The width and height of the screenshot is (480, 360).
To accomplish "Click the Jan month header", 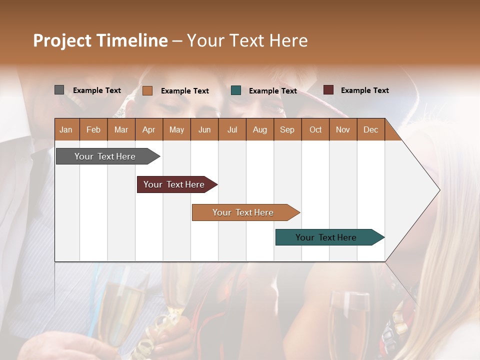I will [66, 129].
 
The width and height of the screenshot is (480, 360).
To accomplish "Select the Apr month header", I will [148, 129].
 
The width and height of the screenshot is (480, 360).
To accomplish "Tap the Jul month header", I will [232, 129].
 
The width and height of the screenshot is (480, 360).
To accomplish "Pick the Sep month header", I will [287, 129].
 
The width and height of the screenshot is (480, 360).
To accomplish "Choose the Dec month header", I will [370, 129].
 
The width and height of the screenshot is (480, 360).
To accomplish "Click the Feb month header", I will [93, 129].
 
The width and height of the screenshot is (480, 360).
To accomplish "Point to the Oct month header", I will [315, 129].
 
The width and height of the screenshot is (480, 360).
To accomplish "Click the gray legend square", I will [59, 90].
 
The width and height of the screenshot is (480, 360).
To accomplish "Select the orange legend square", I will [147, 90].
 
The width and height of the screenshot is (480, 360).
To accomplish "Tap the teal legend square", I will [236, 90].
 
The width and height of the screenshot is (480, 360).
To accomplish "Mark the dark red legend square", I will [328, 90].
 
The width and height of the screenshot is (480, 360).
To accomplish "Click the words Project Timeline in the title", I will [100, 40].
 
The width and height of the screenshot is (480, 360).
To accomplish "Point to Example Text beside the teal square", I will [272, 91].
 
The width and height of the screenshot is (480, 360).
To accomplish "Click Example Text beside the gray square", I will [97, 90].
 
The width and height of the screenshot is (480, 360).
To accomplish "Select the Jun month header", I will [204, 129].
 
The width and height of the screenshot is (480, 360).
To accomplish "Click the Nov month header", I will [342, 129].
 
